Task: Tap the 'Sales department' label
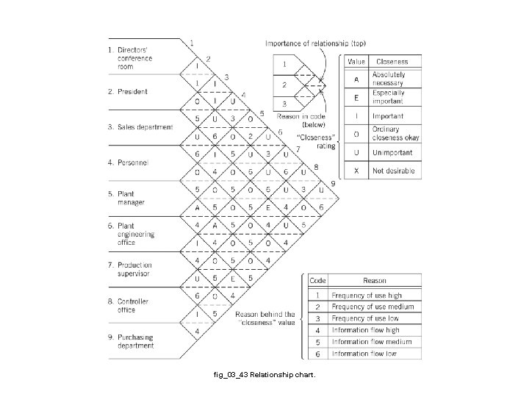click(x=145, y=127)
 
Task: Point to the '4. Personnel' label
click(x=132, y=162)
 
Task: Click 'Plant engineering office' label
click(x=137, y=233)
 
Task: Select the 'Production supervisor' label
click(x=134, y=269)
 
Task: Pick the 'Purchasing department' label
click(x=135, y=340)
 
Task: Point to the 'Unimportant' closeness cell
click(x=392, y=153)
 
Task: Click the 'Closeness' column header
click(x=392, y=62)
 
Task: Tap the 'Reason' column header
click(x=375, y=280)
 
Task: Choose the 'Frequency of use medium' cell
click(x=373, y=307)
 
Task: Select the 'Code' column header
click(x=317, y=280)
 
